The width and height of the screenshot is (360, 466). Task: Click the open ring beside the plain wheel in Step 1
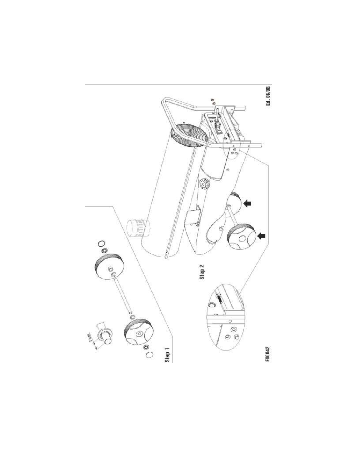pyautogui.click(x=101, y=244)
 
